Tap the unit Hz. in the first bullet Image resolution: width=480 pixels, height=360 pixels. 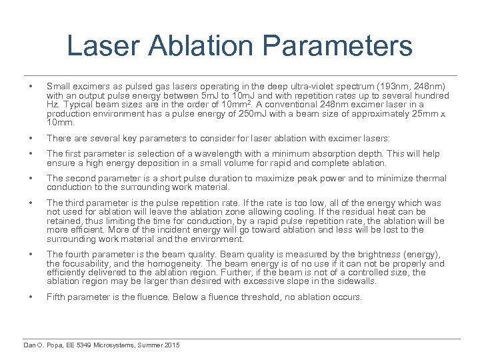point(53,105)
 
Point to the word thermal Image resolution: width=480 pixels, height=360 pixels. point(431,179)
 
